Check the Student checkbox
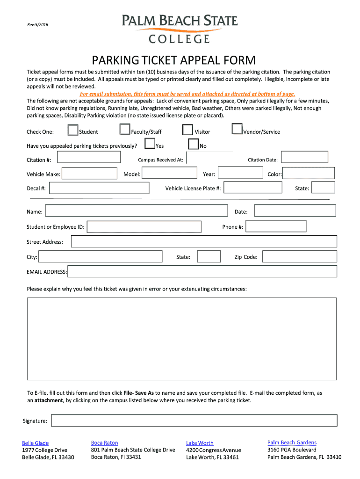(x=73, y=130)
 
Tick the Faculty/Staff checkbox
(x=125, y=130)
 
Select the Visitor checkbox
(x=187, y=130)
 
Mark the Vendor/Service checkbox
(x=237, y=130)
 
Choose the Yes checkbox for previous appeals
(x=150, y=144)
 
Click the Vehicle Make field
(x=89, y=174)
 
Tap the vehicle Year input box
(x=241, y=173)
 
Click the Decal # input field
(x=99, y=188)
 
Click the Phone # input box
(x=276, y=226)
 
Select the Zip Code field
(x=299, y=257)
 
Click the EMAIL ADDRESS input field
(x=202, y=272)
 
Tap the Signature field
(x=194, y=421)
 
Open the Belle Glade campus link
(x=35, y=443)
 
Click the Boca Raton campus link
(x=104, y=443)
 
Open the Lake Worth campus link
(x=200, y=443)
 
